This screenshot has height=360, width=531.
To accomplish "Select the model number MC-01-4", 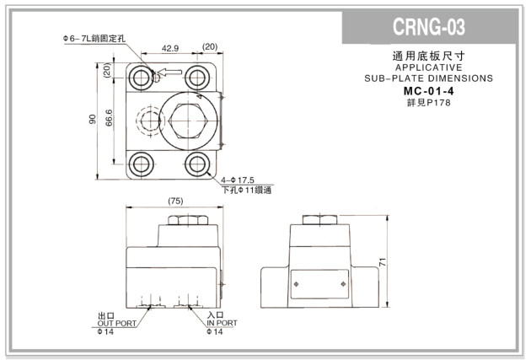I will [428, 90].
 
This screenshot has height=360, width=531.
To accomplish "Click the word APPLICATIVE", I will [428, 67].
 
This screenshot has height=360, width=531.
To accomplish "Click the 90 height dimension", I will [92, 119].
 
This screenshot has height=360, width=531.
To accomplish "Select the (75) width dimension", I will [174, 202].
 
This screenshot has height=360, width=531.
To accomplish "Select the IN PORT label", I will [222, 324].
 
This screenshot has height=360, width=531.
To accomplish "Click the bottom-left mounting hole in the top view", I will [139, 163].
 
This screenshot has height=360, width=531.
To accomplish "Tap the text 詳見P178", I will [428, 102].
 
